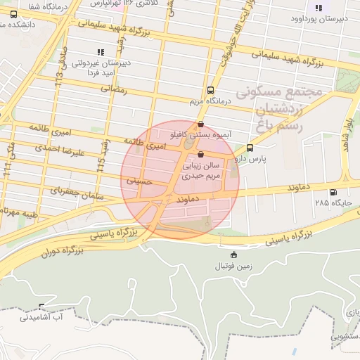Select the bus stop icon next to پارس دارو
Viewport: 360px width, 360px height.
(250, 148)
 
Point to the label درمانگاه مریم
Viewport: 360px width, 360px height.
(210, 101)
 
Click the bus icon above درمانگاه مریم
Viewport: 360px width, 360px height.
(211, 90)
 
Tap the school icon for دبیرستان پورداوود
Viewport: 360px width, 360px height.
(319, 8)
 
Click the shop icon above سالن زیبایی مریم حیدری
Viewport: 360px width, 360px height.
(202, 154)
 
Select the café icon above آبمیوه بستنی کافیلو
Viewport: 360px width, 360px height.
(202, 124)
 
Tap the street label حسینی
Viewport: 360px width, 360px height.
(138, 181)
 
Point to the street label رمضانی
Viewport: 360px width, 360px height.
(115, 89)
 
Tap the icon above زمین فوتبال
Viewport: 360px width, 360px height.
(234, 255)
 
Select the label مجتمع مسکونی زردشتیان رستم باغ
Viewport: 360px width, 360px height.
(279, 109)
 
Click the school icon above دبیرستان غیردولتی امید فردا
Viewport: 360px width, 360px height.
(100, 52)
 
